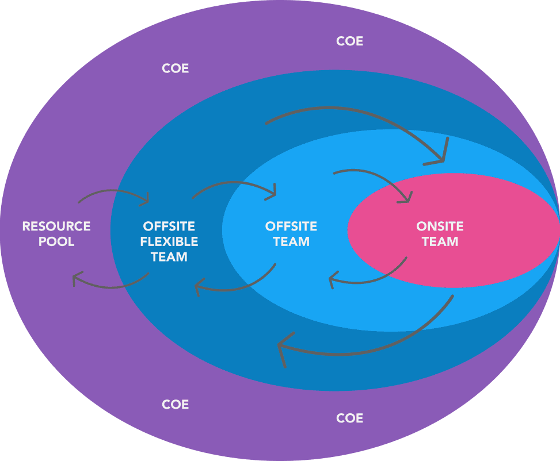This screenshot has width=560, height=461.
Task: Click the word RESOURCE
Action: (56, 226)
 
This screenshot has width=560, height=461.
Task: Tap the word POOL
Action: (56, 241)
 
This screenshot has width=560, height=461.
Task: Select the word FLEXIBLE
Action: (169, 241)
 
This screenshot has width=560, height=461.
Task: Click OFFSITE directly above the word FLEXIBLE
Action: (169, 226)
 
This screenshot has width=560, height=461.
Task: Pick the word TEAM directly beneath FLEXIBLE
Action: (169, 256)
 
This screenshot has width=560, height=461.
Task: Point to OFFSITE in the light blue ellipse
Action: (291, 226)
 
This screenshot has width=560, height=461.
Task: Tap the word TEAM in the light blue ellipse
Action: (291, 241)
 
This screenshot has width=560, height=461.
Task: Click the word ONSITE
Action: (440, 226)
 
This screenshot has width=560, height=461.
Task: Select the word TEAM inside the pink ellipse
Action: (440, 241)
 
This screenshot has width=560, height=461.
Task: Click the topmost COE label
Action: (349, 41)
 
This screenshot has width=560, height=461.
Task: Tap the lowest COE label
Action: (349, 418)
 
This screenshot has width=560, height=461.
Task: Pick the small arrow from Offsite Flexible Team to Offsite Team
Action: (233, 185)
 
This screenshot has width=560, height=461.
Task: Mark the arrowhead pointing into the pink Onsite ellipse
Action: (406, 197)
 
